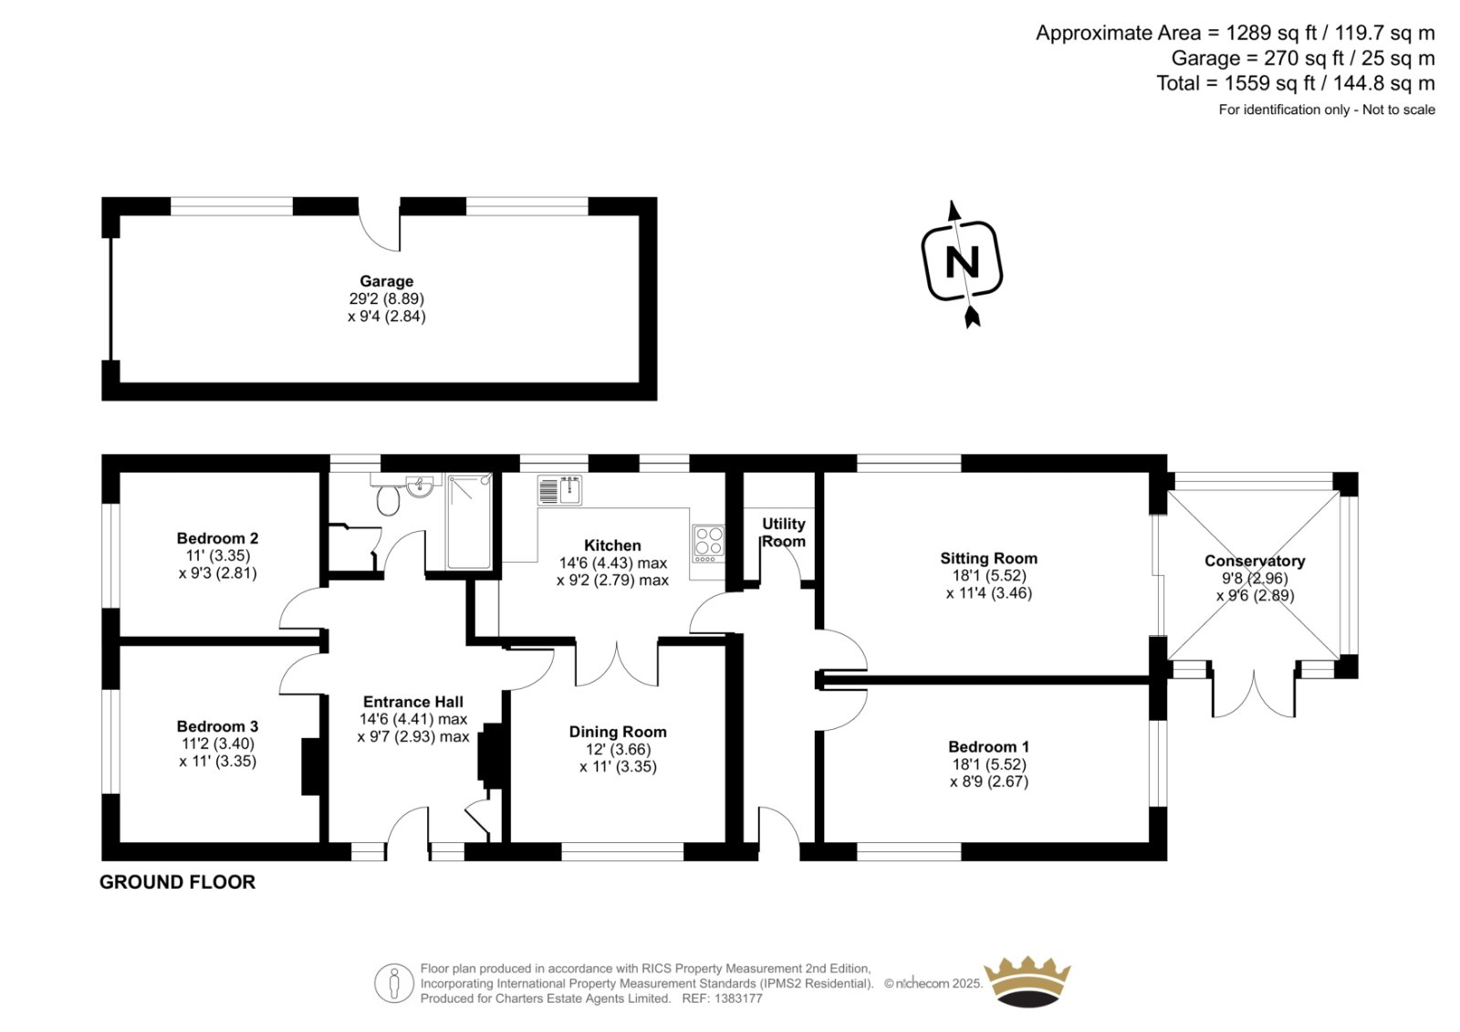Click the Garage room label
(x=387, y=281)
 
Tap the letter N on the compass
(x=962, y=263)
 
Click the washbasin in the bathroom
(x=420, y=485)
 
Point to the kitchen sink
(x=560, y=490)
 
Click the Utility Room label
(x=784, y=533)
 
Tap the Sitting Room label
(x=989, y=558)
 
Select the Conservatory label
(x=1255, y=560)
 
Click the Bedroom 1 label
(x=989, y=746)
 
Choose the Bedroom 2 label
(x=217, y=537)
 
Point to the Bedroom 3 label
(x=217, y=725)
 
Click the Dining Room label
(x=618, y=732)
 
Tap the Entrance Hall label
(x=413, y=702)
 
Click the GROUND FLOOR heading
(x=177, y=882)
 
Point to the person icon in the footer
(x=393, y=984)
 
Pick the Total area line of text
(x=1295, y=83)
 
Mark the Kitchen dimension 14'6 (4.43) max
(x=612, y=563)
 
